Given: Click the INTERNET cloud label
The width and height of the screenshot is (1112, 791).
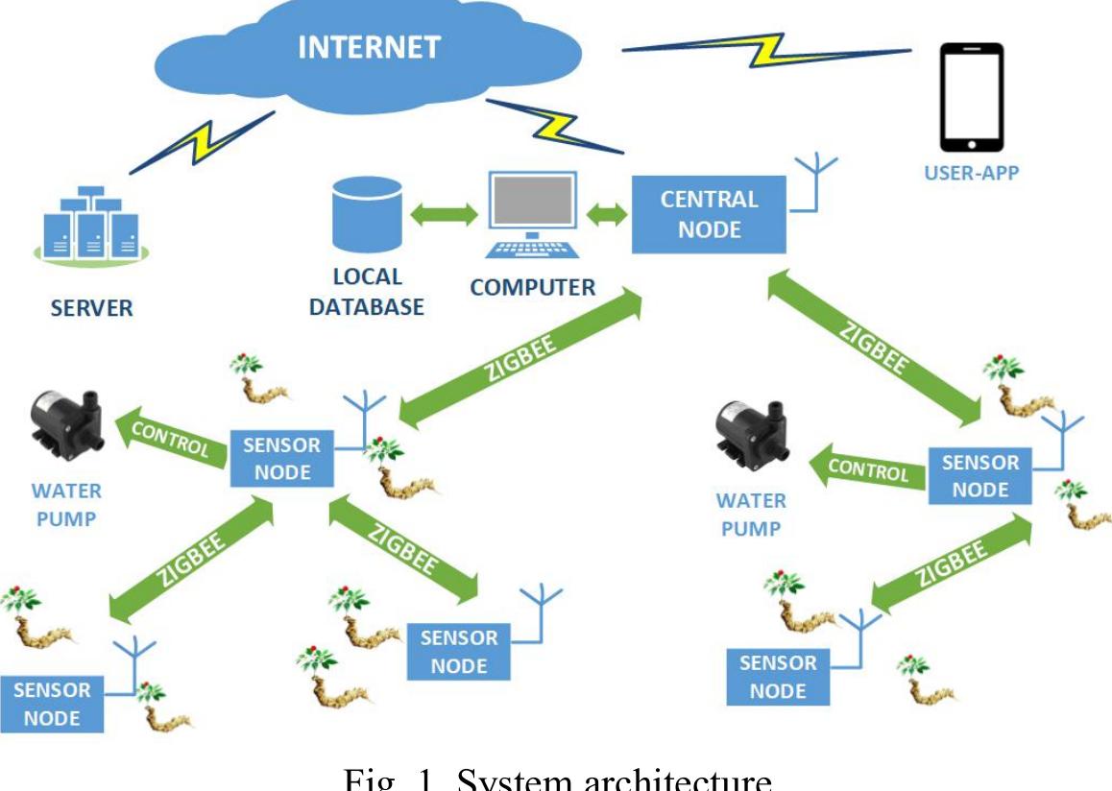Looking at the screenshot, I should [369, 47].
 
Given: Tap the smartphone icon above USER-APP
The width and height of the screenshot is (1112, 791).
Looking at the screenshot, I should [972, 97].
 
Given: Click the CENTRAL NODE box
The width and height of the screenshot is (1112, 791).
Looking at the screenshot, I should [709, 214].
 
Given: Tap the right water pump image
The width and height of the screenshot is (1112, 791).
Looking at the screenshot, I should [754, 442].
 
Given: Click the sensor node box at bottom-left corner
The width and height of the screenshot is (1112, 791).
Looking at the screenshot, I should [52, 704].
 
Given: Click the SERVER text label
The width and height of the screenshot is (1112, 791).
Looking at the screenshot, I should [92, 308].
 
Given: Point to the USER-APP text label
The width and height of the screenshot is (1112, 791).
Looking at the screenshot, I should [972, 174].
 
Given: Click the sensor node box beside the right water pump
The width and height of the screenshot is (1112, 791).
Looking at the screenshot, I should [979, 475].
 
